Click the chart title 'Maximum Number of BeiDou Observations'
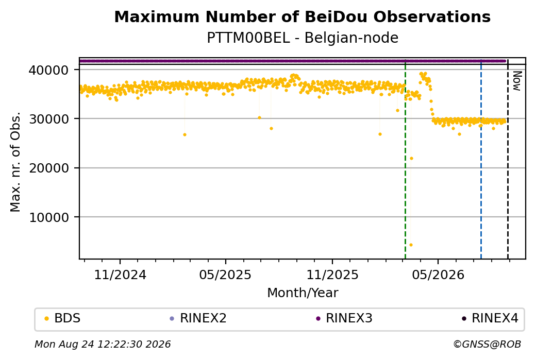302,16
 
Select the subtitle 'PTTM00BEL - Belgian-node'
303,38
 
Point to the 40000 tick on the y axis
48,70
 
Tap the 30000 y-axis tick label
48,119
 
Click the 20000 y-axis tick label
48,168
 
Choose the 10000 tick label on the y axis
48,217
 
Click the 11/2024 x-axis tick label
120,275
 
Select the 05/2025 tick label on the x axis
225,275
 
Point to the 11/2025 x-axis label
332,275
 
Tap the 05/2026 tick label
438,275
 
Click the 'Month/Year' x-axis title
303,293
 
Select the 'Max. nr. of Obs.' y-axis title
15,162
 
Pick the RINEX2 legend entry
198,318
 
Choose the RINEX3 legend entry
344,318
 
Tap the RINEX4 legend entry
490,318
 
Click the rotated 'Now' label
517,81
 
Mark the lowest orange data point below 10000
411,245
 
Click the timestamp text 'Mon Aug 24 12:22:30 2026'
103,344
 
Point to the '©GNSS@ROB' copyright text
487,344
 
